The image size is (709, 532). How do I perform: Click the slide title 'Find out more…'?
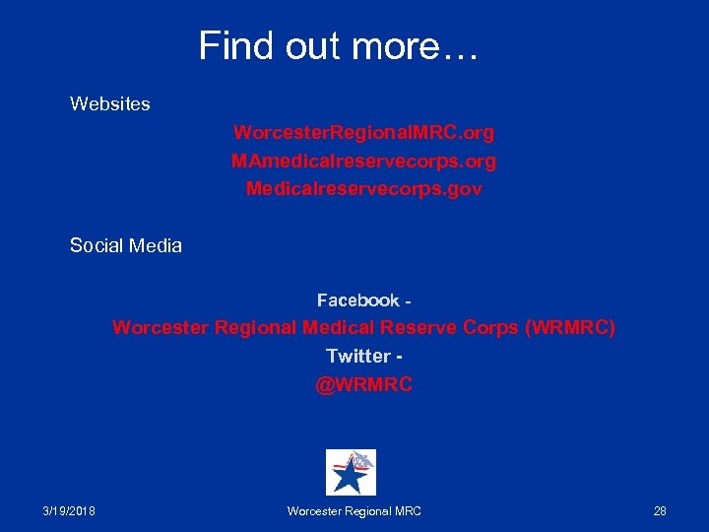[338, 46]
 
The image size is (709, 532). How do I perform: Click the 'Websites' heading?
[109, 103]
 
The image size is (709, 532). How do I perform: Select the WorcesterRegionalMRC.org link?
[363, 131]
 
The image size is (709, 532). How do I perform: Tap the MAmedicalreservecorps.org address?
[363, 160]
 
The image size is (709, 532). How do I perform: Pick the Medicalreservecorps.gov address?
[363, 188]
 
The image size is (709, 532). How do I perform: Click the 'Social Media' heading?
[125, 245]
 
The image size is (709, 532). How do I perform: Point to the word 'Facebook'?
[357, 299]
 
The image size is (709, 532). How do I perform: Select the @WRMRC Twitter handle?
[363, 385]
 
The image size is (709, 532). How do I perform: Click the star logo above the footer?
[351, 472]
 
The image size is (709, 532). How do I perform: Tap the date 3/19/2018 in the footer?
[76, 510]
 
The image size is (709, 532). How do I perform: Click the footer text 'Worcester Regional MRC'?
[354, 510]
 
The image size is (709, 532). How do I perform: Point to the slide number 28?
[660, 510]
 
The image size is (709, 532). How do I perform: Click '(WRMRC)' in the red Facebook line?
[571, 327]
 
